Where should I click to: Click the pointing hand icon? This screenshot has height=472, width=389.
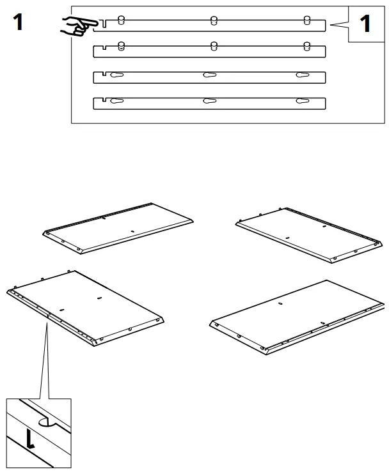pos(76,26)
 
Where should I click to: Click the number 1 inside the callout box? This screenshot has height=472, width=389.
pos(365,24)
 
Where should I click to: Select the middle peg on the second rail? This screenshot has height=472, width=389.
pos(213,45)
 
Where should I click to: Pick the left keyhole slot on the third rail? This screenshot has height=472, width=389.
pos(116,75)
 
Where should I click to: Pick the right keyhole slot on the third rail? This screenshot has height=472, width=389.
pos(301,75)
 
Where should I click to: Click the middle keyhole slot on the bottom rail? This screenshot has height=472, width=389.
pos(209,101)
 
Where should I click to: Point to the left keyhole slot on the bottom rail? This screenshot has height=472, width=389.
pos(116,101)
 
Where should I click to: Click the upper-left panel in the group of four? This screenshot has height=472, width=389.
pos(118,228)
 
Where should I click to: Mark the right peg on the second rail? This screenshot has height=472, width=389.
pos(306,45)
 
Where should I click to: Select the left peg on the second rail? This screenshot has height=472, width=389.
pos(121,45)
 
